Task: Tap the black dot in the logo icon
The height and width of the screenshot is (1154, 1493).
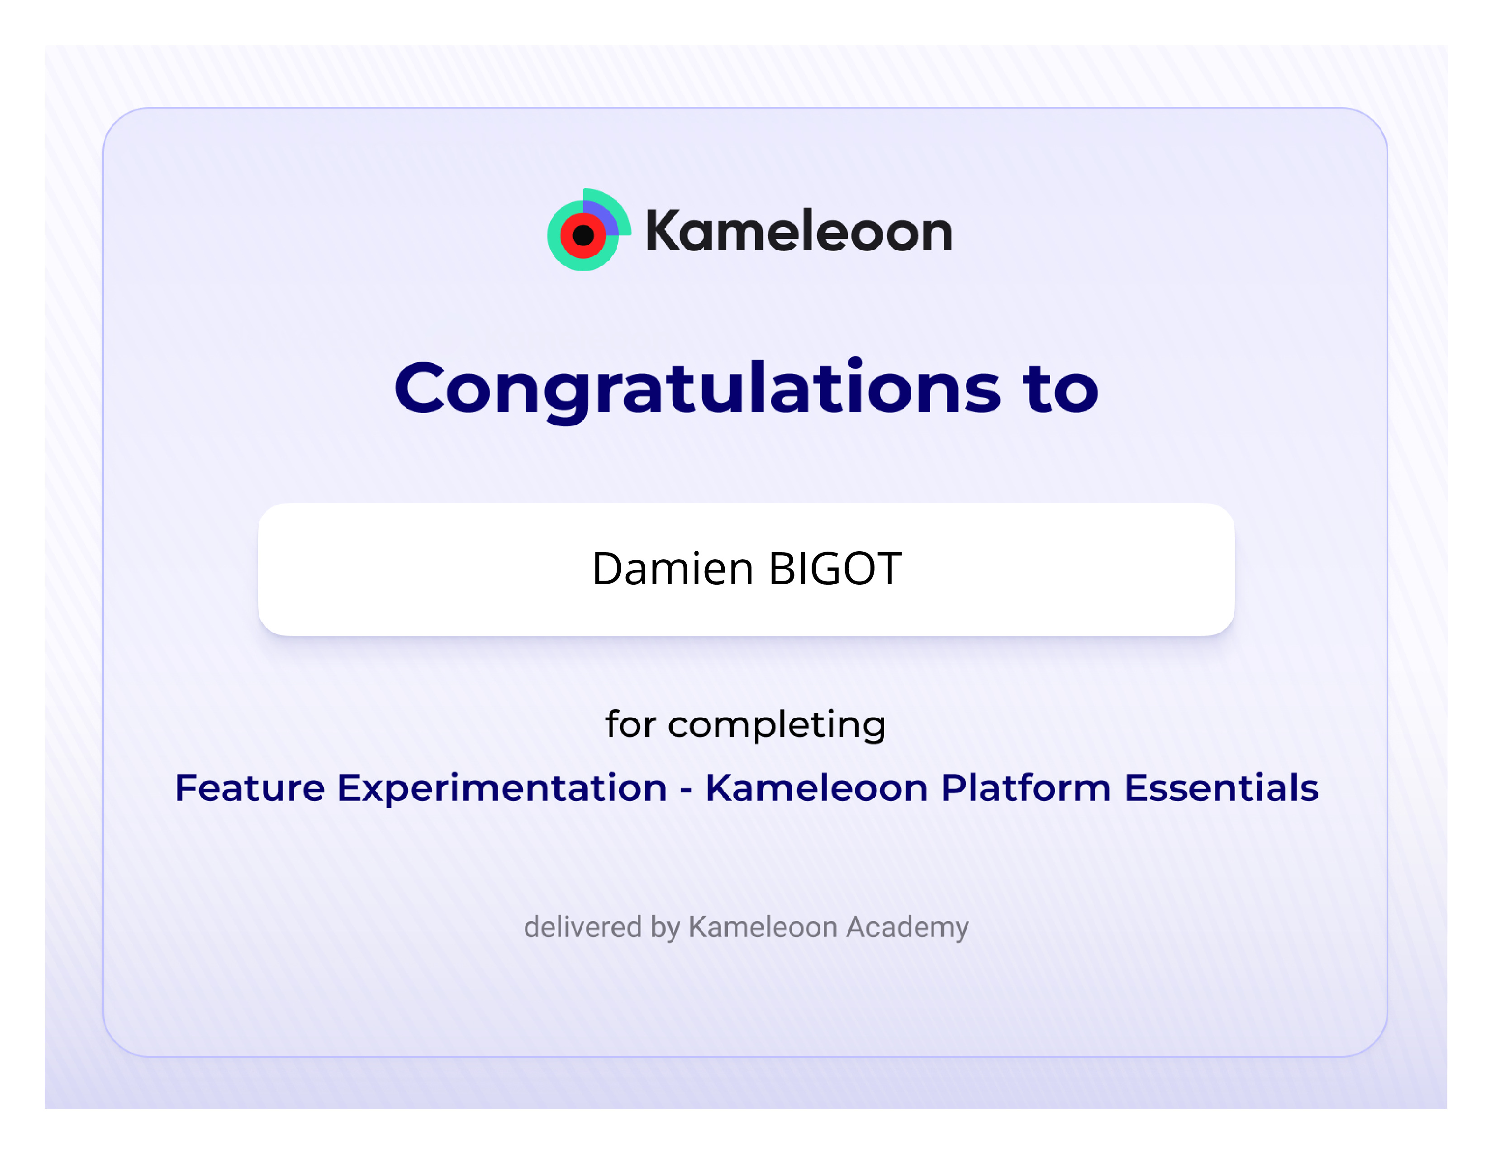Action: click(583, 236)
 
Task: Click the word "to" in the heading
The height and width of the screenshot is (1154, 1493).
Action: click(1060, 388)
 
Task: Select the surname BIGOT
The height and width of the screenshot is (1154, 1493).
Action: click(835, 569)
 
